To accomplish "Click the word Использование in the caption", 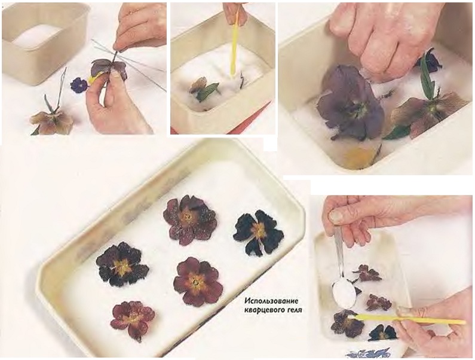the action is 271,301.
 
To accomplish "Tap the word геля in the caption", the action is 292,310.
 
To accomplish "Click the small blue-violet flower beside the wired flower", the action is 79,85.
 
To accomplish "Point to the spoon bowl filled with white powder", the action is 344,294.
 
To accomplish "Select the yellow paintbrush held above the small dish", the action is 409,319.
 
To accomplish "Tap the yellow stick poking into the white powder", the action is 235,42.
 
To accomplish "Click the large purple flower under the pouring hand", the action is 350,103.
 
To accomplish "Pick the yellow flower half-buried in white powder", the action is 360,155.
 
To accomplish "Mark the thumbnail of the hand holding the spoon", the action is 335,216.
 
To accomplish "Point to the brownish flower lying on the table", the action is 52,121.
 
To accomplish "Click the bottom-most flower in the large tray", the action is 133,320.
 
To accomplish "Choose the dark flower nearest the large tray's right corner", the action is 258,234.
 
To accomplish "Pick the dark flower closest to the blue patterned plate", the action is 382,332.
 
